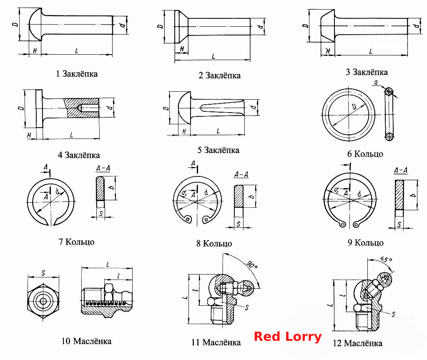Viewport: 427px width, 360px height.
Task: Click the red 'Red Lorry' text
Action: pos(288,337)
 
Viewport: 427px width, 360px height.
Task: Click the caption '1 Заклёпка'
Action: pos(77,74)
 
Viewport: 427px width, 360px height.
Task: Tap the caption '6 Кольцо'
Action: pos(365,154)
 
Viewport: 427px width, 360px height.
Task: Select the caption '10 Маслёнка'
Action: pos(86,341)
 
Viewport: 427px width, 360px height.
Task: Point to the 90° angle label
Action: pos(251,264)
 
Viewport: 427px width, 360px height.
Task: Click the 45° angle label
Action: pos(386,259)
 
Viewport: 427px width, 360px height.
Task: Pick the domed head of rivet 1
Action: pos(35,25)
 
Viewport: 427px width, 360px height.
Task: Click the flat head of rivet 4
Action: pos(39,108)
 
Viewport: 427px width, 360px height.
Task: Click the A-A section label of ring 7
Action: pos(103,169)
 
